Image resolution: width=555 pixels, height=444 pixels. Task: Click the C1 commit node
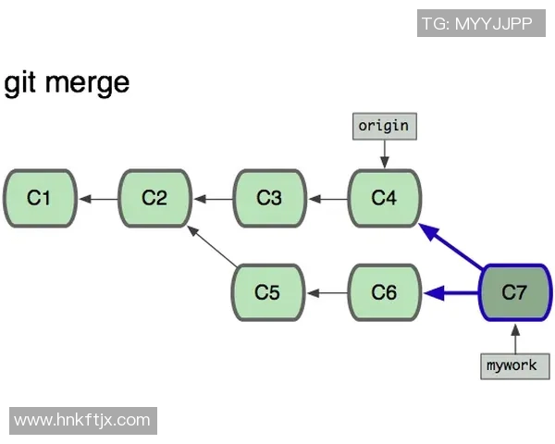39,198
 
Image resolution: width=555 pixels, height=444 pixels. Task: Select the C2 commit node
154,198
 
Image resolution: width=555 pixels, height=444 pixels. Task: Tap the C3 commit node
269,198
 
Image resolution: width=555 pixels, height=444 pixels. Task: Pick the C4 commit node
384,198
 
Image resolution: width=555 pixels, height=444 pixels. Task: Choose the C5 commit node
267,293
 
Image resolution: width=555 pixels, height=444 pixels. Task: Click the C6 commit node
384,293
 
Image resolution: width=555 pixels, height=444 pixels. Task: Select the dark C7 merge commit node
514,293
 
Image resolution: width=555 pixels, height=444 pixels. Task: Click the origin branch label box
383,125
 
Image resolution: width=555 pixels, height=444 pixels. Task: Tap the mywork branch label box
512,365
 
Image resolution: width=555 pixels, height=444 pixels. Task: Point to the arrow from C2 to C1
96,198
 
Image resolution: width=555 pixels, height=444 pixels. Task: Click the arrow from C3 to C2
212,198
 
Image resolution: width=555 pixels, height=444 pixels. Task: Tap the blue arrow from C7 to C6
451,293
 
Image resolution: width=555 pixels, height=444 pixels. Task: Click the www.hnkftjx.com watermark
82,420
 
